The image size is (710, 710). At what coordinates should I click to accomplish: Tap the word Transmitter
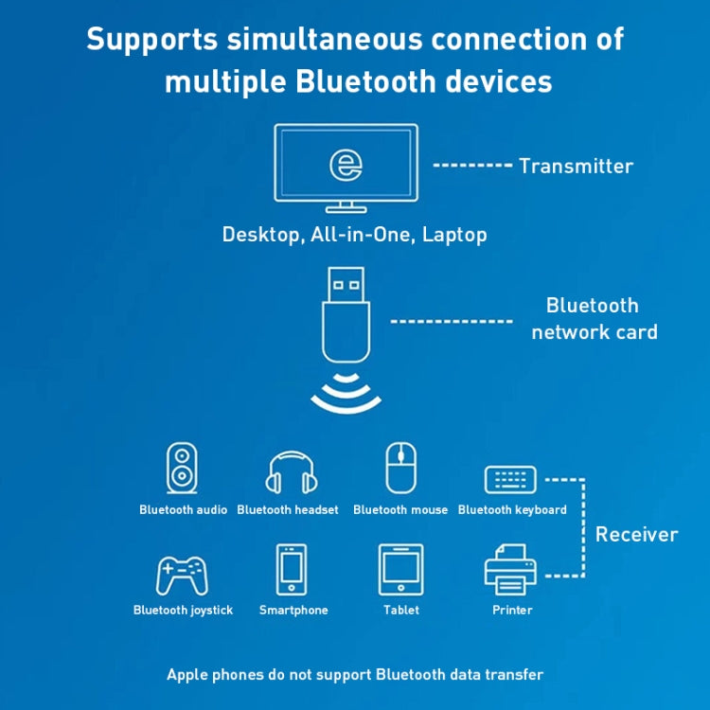coord(576,166)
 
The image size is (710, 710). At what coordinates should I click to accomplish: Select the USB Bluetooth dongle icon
coord(346,314)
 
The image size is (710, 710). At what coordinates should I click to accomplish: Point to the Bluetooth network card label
coord(594,318)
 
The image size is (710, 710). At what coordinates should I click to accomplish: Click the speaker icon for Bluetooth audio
coord(182,469)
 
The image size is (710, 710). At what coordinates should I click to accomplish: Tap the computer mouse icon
coord(400,468)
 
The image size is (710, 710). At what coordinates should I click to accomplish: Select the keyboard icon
coord(510,479)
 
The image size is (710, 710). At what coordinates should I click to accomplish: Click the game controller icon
coord(182,573)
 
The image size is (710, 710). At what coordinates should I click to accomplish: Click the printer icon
coord(511,569)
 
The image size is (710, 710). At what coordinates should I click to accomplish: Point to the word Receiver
coord(636,535)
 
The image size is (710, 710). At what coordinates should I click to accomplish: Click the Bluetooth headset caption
coord(288,510)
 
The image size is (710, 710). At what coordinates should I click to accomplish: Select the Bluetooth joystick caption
coord(183,611)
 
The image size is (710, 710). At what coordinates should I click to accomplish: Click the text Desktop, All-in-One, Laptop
coord(354,234)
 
